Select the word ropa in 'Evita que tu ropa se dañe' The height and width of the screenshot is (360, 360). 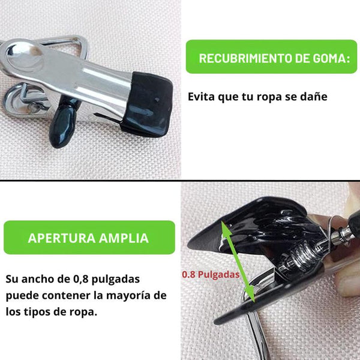[x=269, y=97]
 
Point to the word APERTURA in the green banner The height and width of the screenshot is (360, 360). [x=62, y=238]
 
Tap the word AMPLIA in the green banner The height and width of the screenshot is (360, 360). [x=124, y=238]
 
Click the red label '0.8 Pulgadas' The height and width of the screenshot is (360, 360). [x=211, y=274]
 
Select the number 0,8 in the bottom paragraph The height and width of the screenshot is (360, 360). [x=81, y=279]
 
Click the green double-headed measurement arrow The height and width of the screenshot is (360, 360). [x=238, y=261]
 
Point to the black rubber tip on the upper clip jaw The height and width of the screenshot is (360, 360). [x=147, y=104]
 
